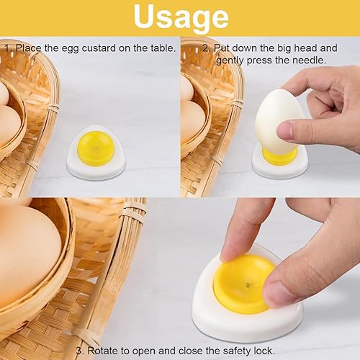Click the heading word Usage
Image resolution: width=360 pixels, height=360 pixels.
[x=181, y=17]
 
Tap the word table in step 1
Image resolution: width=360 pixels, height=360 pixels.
[x=162, y=48]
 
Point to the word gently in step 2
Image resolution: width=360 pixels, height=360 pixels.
[x=230, y=60]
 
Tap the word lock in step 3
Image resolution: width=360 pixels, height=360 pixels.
[x=264, y=351]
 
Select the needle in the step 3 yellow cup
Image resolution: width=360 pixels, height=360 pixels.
[x=248, y=285]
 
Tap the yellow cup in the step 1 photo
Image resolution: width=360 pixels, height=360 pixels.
[x=96, y=148]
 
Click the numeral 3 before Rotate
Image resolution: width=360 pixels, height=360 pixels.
[x=78, y=351]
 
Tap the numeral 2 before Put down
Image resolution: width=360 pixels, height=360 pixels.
[x=205, y=48]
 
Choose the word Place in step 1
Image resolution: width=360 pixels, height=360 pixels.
[x=29, y=48]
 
